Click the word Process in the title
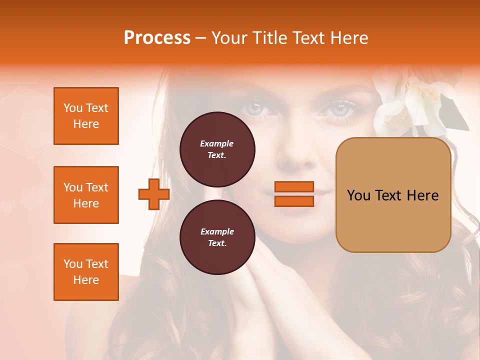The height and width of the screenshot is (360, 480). coord(157,38)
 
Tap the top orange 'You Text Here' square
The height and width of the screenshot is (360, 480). coord(86,116)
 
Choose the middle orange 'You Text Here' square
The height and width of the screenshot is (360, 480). coord(86,195)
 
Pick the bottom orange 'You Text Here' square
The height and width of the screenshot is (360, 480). coord(86,272)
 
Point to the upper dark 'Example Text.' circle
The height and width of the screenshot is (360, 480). coord(217,149)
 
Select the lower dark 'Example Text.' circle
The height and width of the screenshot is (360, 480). coord(217,237)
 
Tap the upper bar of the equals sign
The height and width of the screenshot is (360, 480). coord(294,186)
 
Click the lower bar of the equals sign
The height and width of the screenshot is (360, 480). coord(294,201)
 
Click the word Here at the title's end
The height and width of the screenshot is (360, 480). coord(350,38)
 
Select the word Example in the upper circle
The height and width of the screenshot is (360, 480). coord(216,143)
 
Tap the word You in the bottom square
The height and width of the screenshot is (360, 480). coord(73,264)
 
